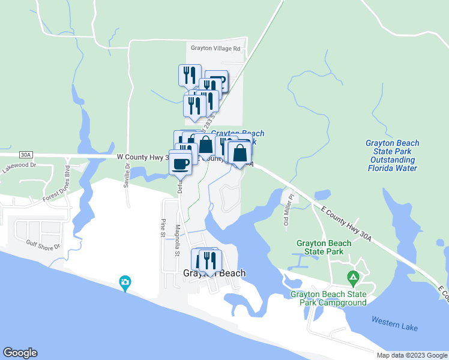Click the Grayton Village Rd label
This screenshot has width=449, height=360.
(x=215, y=49)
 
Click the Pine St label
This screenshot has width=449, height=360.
(x=163, y=227)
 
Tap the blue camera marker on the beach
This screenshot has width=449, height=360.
(x=125, y=282)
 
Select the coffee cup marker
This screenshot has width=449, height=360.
(x=180, y=163)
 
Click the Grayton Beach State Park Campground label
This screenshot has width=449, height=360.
(x=328, y=298)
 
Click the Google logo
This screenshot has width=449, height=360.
(x=20, y=353)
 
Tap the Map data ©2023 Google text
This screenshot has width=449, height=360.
(x=411, y=355)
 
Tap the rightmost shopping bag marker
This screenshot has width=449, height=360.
(x=240, y=154)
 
